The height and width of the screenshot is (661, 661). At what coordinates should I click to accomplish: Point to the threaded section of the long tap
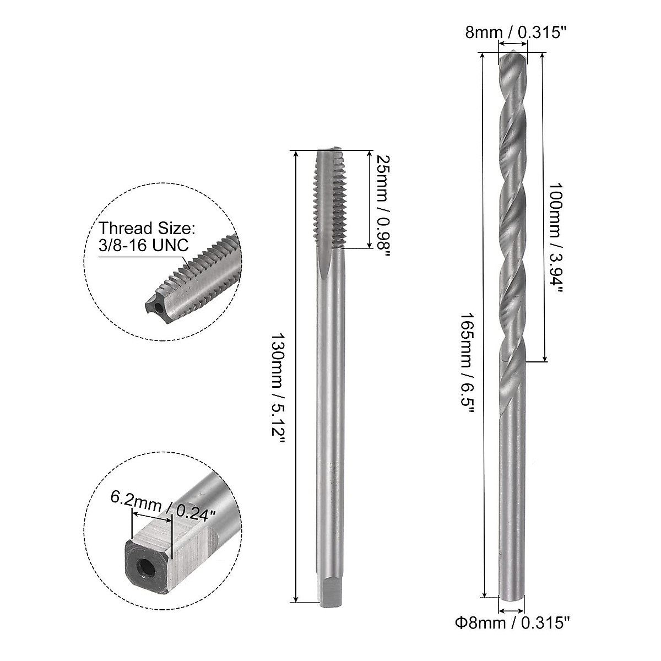tap(329, 204)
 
